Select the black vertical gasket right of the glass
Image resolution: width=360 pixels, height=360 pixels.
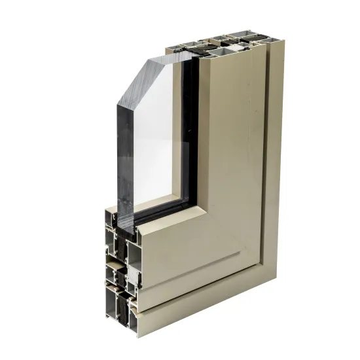pos(190,131)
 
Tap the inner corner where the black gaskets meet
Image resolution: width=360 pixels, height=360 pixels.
pos(191,200)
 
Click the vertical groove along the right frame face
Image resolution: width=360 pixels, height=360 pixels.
pos(265,164)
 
